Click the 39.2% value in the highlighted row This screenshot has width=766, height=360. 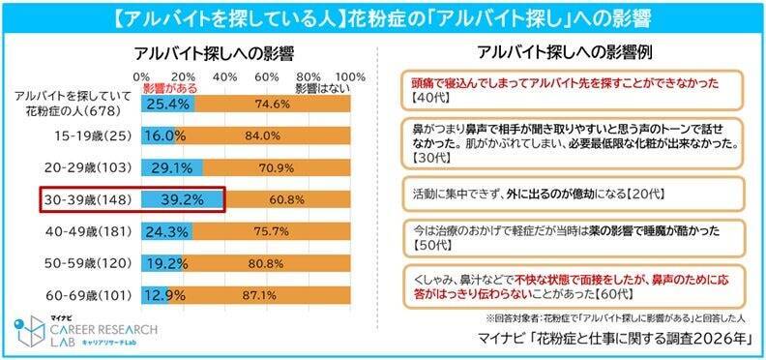point(182,200)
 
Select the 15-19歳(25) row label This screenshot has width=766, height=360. point(86,137)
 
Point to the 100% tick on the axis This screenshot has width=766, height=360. point(351,75)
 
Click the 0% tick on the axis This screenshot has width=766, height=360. point(141,75)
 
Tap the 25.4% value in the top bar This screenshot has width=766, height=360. point(169,105)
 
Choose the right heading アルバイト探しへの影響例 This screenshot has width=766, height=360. point(564,52)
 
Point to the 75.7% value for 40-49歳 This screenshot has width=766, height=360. point(285,231)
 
